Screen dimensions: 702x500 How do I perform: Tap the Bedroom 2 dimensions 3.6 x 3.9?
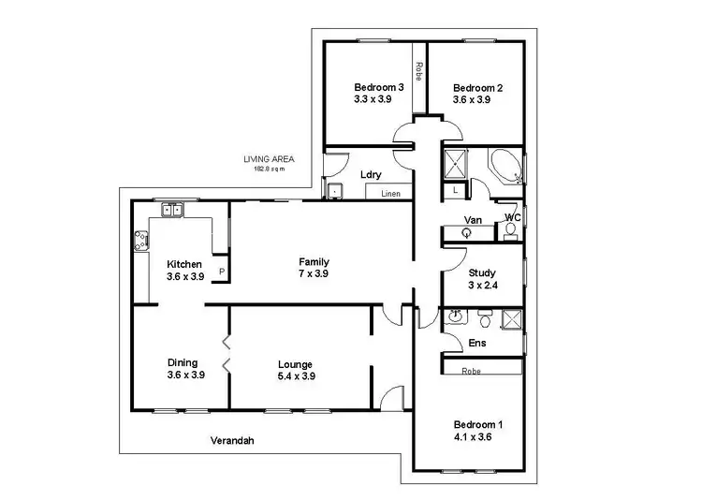[x=477, y=99]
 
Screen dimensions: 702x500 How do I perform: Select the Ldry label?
[x=368, y=174]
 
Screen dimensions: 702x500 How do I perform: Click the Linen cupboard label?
[x=390, y=193]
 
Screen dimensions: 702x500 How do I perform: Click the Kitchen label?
[x=184, y=264]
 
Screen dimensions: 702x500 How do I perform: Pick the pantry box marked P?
[x=222, y=272]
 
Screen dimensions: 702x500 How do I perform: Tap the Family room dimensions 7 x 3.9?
[x=314, y=273]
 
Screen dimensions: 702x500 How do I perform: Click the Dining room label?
[x=183, y=362]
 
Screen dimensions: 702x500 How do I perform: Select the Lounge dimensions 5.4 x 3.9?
[x=295, y=375]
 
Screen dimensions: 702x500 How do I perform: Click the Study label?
[x=482, y=273]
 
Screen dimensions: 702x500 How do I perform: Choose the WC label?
[x=512, y=217]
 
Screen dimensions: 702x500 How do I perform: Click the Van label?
[x=473, y=221]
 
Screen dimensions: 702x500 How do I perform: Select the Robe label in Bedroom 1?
[x=474, y=371]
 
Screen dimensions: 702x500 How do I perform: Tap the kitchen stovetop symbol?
[x=142, y=242]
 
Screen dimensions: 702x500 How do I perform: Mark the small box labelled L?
[x=455, y=189]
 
